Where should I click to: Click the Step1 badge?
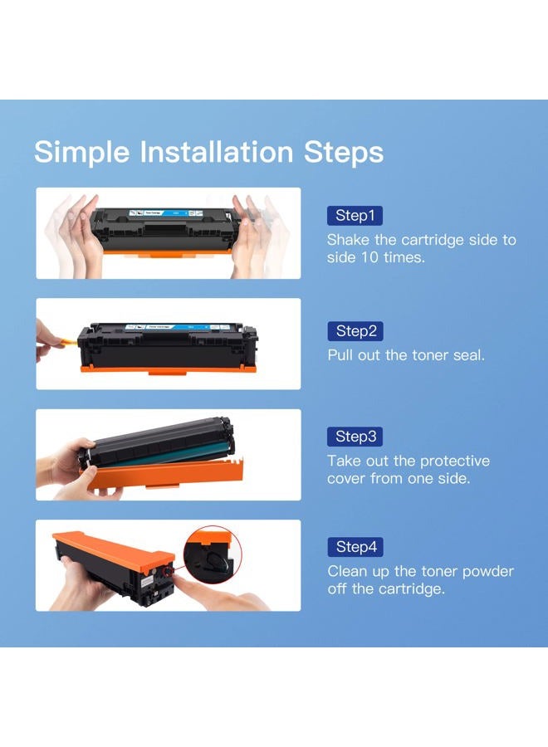(355, 215)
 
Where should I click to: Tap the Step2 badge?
(355, 331)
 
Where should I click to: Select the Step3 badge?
(355, 437)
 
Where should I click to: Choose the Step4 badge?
(355, 547)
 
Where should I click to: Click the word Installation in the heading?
(217, 152)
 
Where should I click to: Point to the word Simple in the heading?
(82, 153)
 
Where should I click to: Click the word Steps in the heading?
(344, 153)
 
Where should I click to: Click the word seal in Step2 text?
(467, 355)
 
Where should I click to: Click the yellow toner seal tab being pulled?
(70, 341)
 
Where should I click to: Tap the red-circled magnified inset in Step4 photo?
(213, 554)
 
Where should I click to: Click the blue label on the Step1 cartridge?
(166, 212)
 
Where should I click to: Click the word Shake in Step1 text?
(347, 240)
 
